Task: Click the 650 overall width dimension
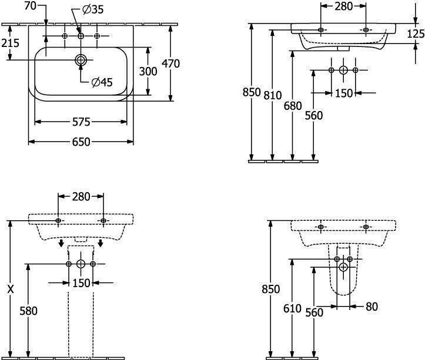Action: pyautogui.click(x=81, y=142)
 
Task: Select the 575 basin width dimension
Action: pyautogui.click(x=81, y=122)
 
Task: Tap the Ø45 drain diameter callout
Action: pyautogui.click(x=102, y=82)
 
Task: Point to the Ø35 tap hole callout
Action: pyautogui.click(x=95, y=10)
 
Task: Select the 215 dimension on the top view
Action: pyautogui.click(x=10, y=43)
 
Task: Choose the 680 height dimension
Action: pyautogui.click(x=292, y=106)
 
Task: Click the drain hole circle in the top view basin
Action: pyautogui.click(x=81, y=60)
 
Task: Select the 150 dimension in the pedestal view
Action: pyautogui.click(x=81, y=283)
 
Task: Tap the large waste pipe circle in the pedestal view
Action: pyautogui.click(x=81, y=265)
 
